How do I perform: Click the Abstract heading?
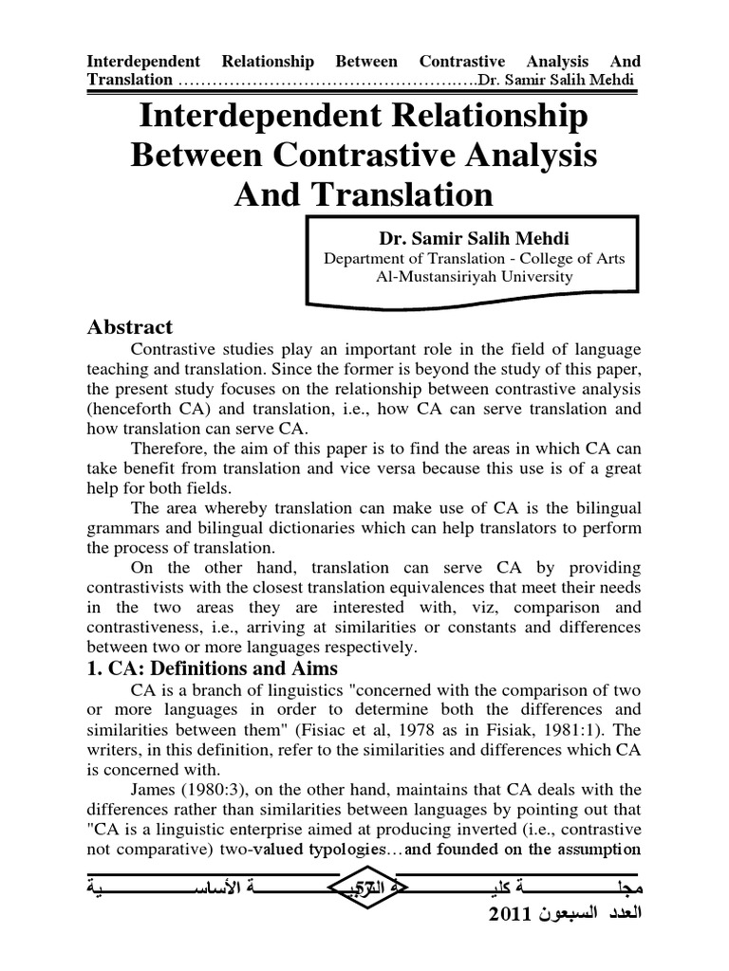pos(130,326)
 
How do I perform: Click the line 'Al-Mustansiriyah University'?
pos(474,277)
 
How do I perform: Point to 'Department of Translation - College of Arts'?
pos(474,258)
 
